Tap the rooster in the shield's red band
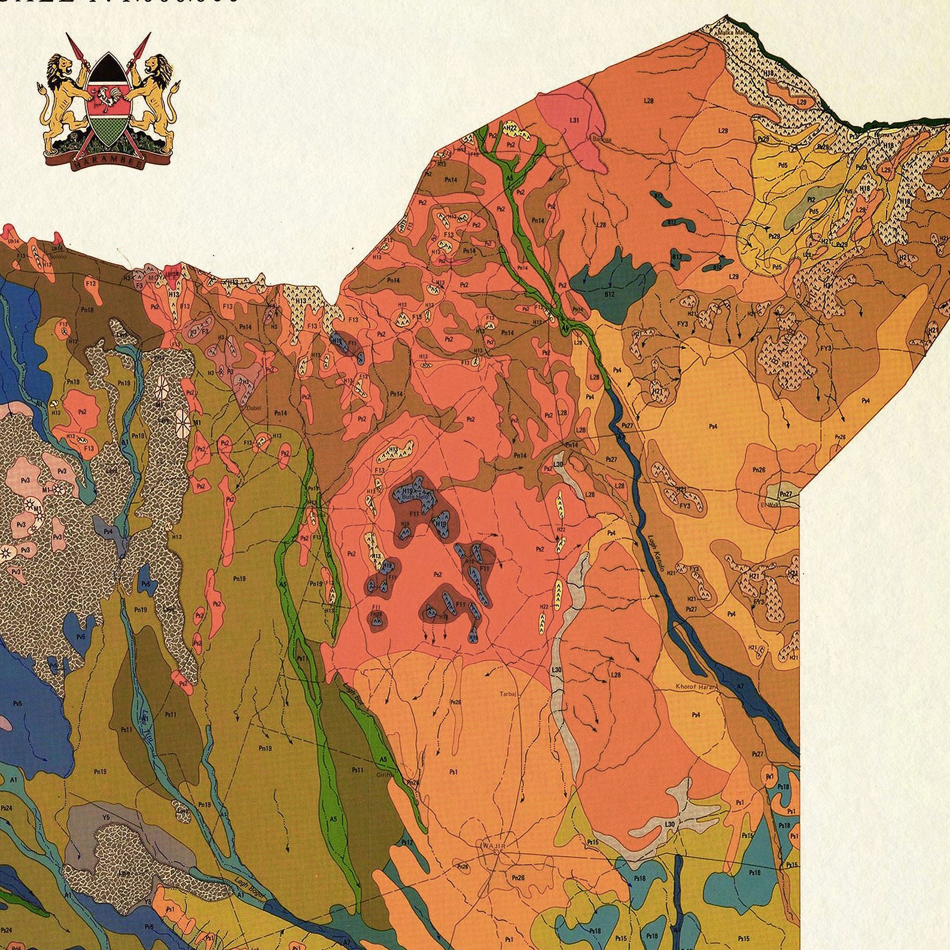click(x=108, y=99)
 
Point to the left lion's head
click(x=60, y=65)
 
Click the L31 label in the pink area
click(x=574, y=121)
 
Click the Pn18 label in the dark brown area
click(x=87, y=310)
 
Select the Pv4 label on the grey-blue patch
click(x=108, y=531)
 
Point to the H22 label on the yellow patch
click(x=544, y=607)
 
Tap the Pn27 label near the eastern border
click(x=786, y=494)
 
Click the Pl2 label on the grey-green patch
click(x=811, y=199)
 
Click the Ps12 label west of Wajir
click(x=407, y=842)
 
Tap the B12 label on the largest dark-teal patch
click(x=610, y=294)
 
